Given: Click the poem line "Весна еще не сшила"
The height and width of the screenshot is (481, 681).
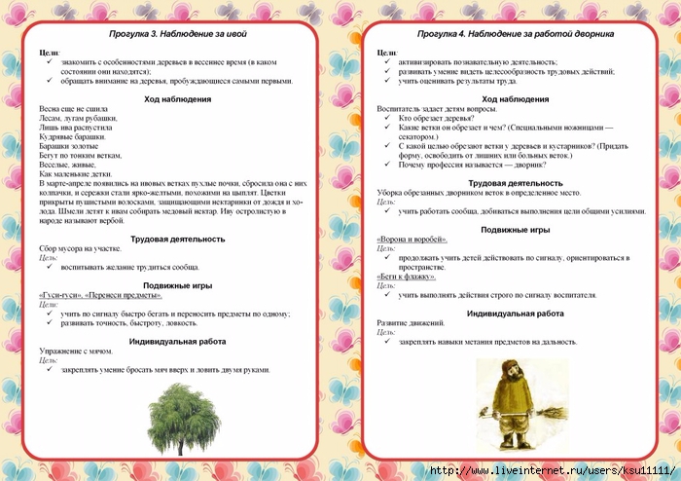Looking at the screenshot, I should (x=75, y=109).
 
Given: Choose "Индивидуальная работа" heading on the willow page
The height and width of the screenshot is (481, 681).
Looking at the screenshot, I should (x=179, y=341).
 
